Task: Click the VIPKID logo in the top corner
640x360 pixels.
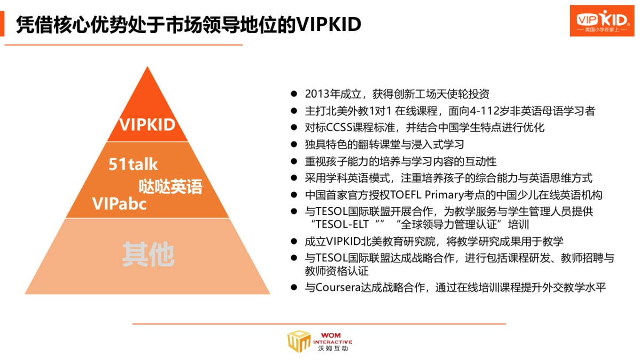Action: coord(602,20)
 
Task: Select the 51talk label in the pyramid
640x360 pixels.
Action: coord(133,164)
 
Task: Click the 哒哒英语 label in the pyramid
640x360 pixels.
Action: coord(171,187)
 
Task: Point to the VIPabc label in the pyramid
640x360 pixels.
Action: coord(119,204)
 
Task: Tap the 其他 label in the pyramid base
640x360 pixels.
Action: coord(148,255)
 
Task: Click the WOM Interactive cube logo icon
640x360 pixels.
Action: coord(299,342)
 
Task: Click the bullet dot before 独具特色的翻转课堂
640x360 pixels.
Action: coord(293,145)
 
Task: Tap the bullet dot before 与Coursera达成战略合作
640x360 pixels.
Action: coord(293,287)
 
